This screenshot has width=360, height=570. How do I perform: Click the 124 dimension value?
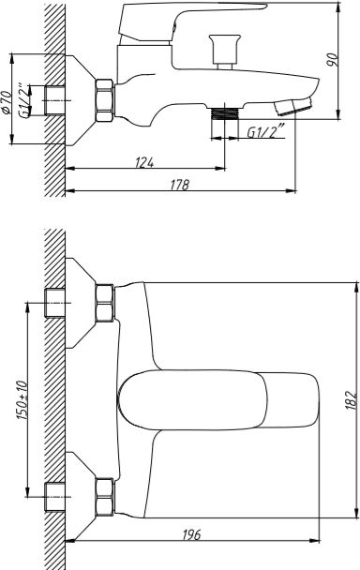pyautogui.click(x=144, y=162)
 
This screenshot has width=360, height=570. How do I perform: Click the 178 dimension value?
pyautogui.click(x=180, y=185)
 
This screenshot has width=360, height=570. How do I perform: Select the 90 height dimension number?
pyautogui.click(x=333, y=60)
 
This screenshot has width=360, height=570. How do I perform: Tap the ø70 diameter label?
pyautogui.click(x=7, y=102)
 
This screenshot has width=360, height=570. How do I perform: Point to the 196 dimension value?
pyautogui.click(x=191, y=534)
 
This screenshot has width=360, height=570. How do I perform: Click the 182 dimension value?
pyautogui.click(x=351, y=400)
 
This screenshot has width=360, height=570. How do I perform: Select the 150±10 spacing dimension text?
pyautogui.click(x=22, y=400)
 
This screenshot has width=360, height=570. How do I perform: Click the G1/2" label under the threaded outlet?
pyautogui.click(x=266, y=131)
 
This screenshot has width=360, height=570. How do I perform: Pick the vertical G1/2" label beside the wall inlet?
pyautogui.click(x=23, y=101)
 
